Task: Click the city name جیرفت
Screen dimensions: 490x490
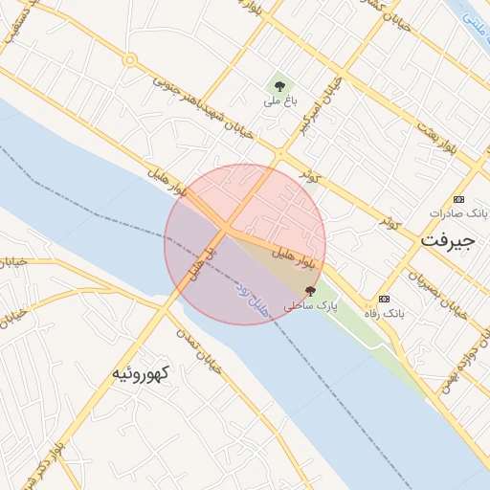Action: click(447, 241)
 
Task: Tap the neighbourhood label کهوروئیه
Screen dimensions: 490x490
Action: click(140, 373)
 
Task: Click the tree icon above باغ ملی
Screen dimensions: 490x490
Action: click(279, 86)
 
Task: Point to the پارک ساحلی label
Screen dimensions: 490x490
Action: click(312, 306)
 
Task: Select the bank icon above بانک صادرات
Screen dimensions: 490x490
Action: click(459, 199)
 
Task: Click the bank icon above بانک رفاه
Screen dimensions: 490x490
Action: click(385, 299)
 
